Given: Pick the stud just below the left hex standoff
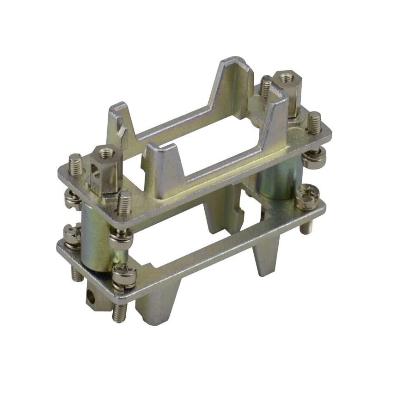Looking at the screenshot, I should coord(123,203).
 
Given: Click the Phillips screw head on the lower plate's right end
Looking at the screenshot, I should coord(307,196).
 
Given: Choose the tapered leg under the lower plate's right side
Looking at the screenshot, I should coord(265,254).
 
